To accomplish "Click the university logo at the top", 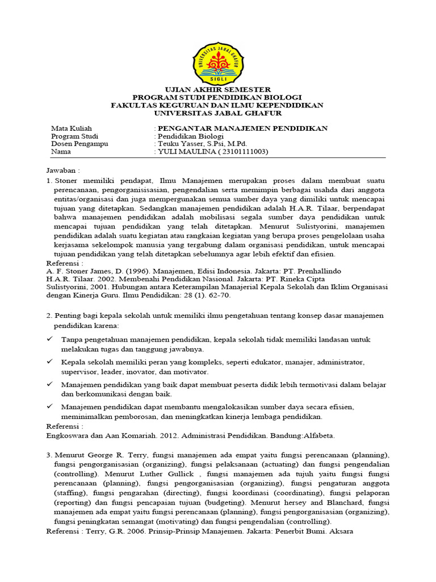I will point(217,62).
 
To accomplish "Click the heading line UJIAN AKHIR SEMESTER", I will point(217,90).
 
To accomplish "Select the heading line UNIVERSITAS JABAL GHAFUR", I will point(217,113).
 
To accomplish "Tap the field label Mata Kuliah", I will point(71,128).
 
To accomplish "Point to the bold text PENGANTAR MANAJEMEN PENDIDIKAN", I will point(242,128).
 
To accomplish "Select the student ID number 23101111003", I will point(239,152).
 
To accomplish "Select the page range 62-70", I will point(206,295).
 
